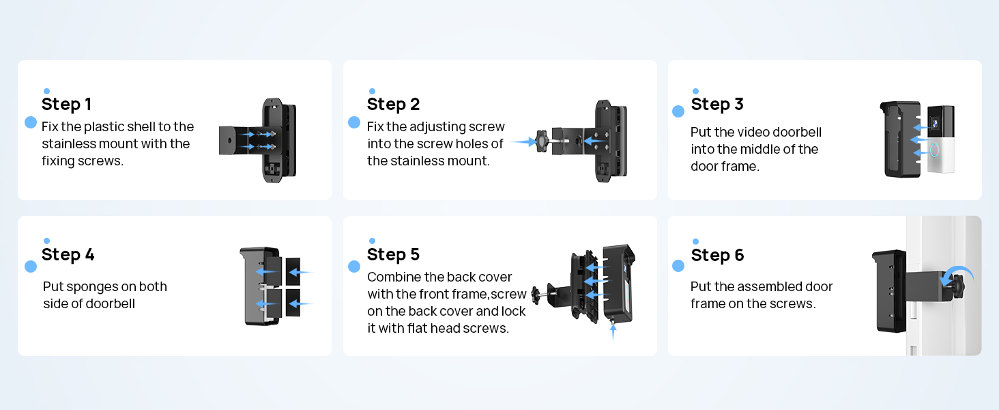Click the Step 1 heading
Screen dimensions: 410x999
tap(66, 104)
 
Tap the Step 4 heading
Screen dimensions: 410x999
tap(68, 254)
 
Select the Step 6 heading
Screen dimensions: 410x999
tap(717, 255)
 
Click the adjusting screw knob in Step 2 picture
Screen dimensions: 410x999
tap(542, 141)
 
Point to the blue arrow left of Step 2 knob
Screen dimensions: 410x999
tap(522, 141)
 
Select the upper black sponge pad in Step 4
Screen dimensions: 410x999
tap(295, 271)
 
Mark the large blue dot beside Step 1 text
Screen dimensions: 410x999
tap(31, 122)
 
